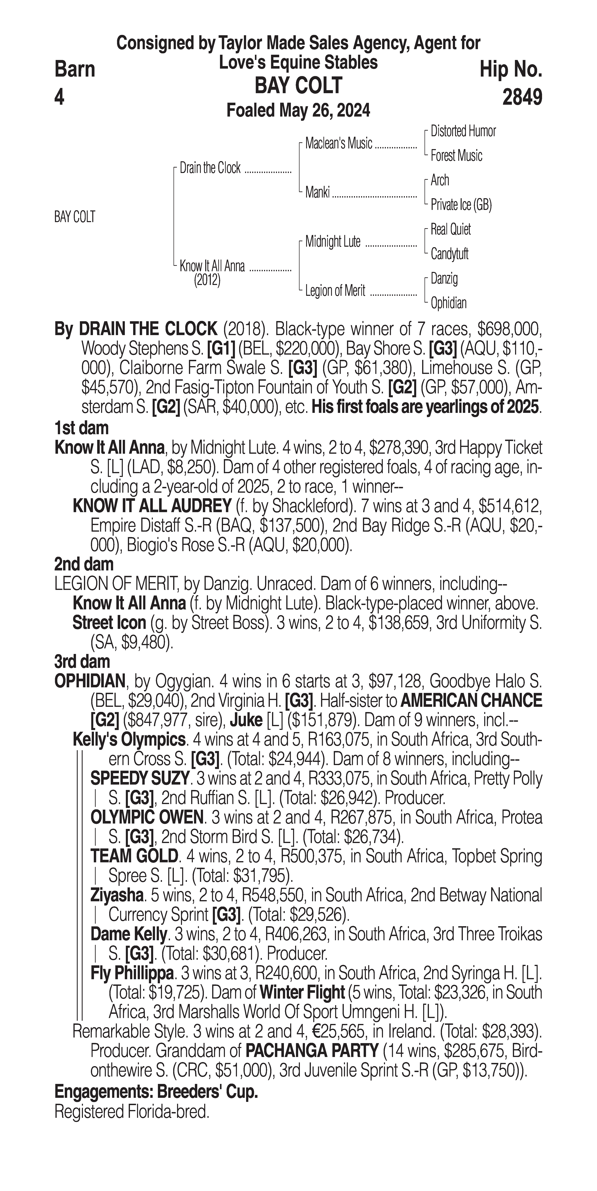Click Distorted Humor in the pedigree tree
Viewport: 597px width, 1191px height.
tap(463, 131)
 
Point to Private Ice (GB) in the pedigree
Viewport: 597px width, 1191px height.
tap(461, 205)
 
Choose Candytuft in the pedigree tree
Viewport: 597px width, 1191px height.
tap(449, 254)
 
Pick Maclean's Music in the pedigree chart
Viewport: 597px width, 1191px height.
tap(339, 144)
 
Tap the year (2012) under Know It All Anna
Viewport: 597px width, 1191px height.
tap(207, 280)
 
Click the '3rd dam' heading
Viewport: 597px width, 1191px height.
tap(82, 662)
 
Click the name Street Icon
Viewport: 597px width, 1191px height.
tap(109, 623)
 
